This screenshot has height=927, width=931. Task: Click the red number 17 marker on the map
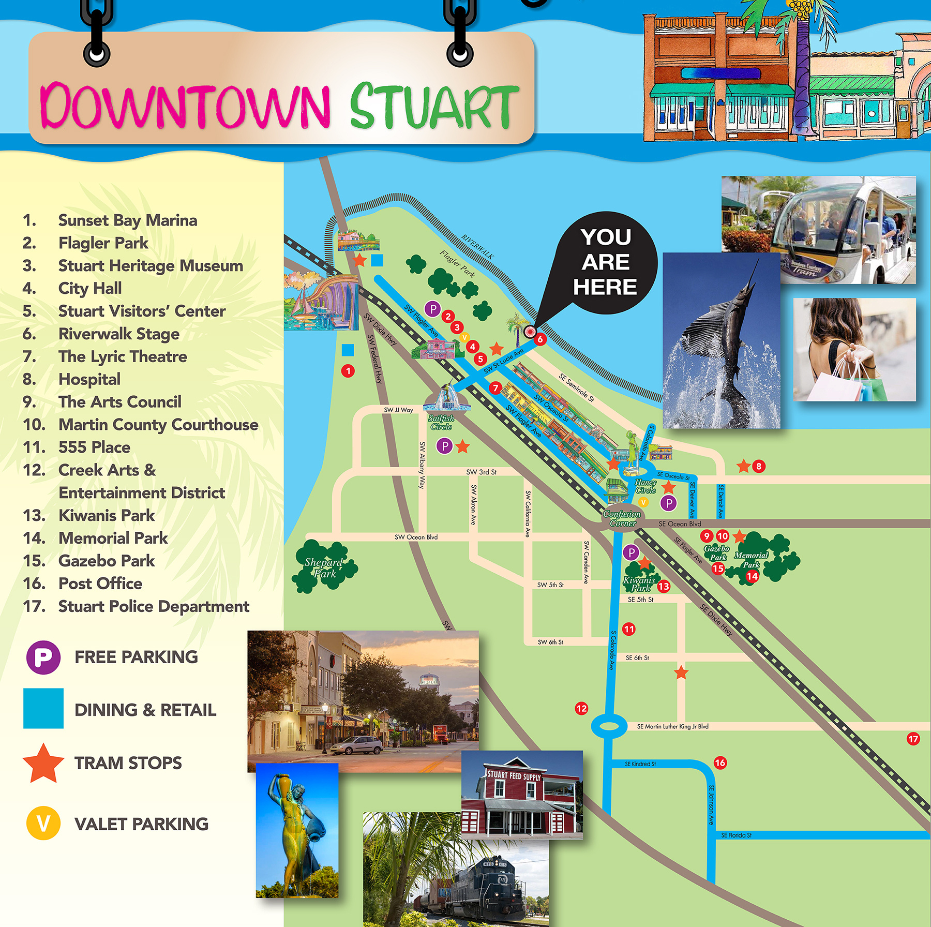point(913,739)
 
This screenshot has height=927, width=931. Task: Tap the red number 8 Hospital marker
point(759,466)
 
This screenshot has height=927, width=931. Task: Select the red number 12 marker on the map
point(581,708)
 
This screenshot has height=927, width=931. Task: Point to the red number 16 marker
point(720,762)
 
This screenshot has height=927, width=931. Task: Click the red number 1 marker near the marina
point(348,370)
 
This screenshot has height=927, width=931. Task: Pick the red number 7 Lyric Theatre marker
point(495,387)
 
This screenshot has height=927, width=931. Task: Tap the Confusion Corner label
point(622,518)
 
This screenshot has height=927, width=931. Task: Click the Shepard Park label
point(324,567)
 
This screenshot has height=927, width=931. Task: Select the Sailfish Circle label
point(441,422)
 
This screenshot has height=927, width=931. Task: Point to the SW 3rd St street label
point(481,472)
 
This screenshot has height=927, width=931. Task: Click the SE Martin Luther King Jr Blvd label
point(672,726)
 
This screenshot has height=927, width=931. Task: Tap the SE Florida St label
point(737,835)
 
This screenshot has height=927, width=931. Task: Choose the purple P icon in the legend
point(43,657)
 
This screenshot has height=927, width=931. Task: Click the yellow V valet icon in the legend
point(43,823)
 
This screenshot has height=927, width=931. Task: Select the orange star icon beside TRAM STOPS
point(43,764)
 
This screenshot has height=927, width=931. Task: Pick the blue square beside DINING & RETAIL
point(43,708)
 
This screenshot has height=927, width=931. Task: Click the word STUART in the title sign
point(433,106)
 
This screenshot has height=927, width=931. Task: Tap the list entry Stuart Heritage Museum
point(151,266)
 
